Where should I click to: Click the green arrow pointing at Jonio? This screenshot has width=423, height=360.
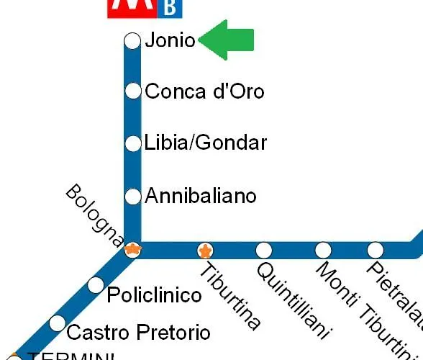(x=227, y=40)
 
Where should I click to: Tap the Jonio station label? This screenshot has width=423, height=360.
(x=170, y=41)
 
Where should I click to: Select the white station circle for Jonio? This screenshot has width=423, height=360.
(x=132, y=41)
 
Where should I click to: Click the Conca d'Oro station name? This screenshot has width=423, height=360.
(x=204, y=91)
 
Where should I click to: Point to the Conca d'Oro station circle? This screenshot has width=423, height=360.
(x=133, y=91)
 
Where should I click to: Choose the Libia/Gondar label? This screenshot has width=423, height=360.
(x=206, y=143)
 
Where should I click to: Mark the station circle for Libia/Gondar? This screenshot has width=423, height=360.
(x=133, y=143)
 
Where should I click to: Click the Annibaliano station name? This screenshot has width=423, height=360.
(x=201, y=195)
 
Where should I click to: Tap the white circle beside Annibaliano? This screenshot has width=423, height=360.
(x=133, y=196)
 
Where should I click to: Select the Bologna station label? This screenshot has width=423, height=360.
(x=94, y=215)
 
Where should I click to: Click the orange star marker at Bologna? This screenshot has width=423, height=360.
(x=132, y=250)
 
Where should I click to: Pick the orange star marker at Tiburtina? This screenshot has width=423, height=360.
(x=206, y=251)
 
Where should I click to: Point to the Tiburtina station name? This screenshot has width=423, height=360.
(x=229, y=297)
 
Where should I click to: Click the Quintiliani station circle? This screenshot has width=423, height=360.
(x=264, y=250)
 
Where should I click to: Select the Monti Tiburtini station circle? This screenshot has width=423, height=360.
(x=324, y=250)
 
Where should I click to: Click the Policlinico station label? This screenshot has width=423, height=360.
(x=154, y=295)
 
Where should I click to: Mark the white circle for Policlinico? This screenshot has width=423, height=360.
(x=96, y=285)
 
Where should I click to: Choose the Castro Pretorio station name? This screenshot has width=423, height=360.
(x=138, y=332)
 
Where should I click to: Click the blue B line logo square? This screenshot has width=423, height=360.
(x=170, y=8)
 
